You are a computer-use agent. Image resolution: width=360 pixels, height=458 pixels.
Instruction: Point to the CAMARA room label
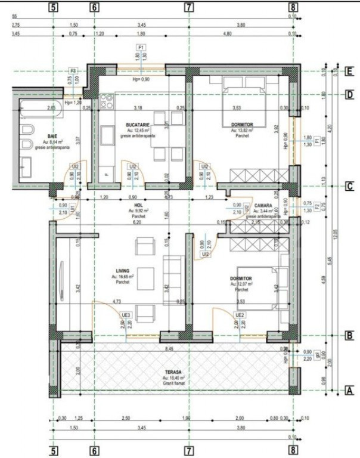coord(263,205)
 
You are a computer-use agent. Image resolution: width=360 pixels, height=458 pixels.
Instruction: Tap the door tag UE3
coord(126,314)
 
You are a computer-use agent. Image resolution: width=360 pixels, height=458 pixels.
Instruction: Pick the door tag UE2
coord(240,314)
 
